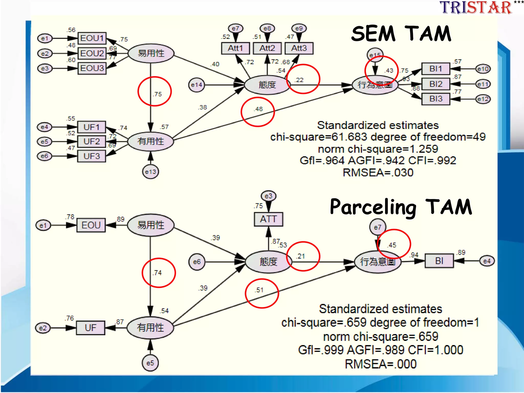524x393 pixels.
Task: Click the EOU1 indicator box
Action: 92,38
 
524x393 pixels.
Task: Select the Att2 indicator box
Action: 267,48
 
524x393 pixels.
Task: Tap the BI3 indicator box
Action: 436,99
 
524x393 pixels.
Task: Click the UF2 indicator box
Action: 91,141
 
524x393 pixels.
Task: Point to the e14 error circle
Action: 196,85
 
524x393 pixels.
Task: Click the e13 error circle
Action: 150,172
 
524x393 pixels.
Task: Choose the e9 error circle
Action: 299,28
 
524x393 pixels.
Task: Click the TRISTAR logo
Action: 476,8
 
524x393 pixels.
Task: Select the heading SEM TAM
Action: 401,34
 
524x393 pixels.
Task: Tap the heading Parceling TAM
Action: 401,207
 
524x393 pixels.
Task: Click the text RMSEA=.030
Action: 378,173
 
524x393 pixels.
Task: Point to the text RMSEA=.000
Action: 380,364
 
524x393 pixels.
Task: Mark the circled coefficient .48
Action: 258,109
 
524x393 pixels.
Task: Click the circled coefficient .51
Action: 259,290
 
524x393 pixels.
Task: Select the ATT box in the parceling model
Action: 268,219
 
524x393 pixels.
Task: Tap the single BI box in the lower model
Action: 439,261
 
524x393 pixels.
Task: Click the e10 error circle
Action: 483,69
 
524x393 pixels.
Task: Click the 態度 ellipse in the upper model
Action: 267,85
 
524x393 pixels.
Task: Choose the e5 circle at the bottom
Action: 150,363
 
